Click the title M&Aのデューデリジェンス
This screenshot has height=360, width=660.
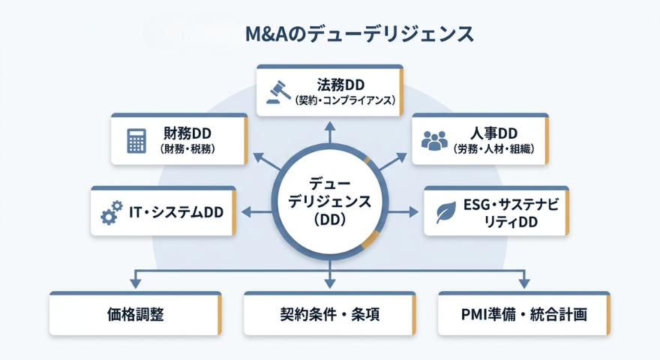pos(359,34)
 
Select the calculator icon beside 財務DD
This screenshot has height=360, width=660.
pos(136,140)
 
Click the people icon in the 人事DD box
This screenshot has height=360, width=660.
pos(434,140)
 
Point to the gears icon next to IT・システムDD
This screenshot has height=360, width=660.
pos(111,214)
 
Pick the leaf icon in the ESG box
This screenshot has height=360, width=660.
pos(445,214)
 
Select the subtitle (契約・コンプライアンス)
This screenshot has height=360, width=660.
pos(345,100)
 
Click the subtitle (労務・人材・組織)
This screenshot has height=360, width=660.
pos(493,149)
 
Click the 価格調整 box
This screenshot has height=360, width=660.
pos(135,313)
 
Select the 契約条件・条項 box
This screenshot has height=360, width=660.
pos(329,313)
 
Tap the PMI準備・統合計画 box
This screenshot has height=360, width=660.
pos(523,313)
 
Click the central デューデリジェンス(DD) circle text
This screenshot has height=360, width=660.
pos(329,201)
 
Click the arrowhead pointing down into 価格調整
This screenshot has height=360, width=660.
pos(135,283)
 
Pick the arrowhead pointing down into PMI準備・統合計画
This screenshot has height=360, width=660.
pos(523,283)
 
